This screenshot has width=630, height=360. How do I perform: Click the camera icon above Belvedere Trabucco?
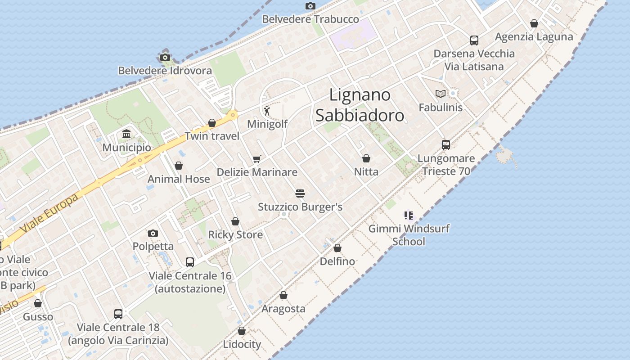tap(310, 6)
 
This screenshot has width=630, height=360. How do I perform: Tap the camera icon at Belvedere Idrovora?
tap(165, 57)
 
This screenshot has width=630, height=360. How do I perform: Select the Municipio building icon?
tap(126, 134)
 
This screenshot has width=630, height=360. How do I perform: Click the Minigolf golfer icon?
tap(267, 110)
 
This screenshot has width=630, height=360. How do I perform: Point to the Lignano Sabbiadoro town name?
tap(360, 105)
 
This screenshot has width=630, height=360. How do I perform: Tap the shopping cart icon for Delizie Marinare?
tap(257, 158)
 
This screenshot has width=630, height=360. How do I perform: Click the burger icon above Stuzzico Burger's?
tap(300, 193)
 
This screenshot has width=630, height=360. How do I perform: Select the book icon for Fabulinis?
tap(440, 94)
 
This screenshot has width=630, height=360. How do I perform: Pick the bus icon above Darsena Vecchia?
tap(474, 40)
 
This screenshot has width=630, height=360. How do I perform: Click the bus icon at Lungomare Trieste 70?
tap(446, 145)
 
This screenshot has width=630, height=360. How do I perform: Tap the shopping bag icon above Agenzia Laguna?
tap(534, 23)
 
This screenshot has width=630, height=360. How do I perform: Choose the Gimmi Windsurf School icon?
tap(408, 216)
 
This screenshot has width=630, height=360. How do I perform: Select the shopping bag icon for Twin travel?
tap(212, 123)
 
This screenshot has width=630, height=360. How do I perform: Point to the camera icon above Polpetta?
tap(153, 233)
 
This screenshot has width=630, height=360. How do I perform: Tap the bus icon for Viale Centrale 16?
tap(190, 262)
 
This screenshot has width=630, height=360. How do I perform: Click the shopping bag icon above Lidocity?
tap(242, 331)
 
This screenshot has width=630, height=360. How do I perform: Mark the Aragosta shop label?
tap(283, 309)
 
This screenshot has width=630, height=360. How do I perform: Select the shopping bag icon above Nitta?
tap(366, 158)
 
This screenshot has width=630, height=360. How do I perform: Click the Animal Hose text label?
tap(179, 179)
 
